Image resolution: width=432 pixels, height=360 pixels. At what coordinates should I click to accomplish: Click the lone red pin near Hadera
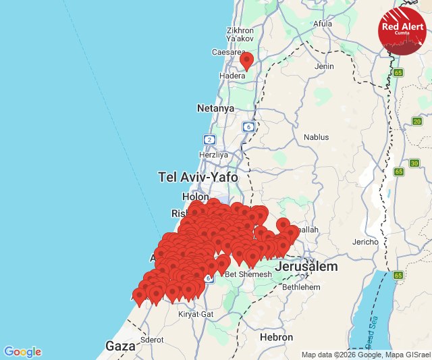click(246, 61)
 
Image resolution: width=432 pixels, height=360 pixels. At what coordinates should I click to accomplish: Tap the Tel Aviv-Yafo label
click(198, 178)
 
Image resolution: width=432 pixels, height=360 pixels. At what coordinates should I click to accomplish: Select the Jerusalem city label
click(306, 267)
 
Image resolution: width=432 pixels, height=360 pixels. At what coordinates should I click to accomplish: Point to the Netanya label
click(215, 108)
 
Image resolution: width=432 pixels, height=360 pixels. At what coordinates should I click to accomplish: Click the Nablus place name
click(316, 136)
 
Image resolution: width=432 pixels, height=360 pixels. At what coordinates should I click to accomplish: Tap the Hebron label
click(277, 337)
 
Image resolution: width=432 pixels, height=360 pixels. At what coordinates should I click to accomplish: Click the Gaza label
click(121, 346)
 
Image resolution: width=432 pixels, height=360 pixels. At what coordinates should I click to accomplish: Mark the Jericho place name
click(365, 242)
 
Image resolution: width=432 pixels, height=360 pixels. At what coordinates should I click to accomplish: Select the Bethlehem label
click(301, 287)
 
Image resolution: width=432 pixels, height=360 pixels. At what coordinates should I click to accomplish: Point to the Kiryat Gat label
click(195, 315)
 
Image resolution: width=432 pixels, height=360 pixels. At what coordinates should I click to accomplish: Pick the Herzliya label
click(214, 155)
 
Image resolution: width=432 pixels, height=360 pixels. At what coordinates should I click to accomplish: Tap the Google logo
click(22, 352)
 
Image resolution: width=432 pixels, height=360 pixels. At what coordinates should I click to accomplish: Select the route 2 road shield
click(210, 139)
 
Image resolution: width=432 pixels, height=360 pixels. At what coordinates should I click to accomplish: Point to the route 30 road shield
click(414, 163)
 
